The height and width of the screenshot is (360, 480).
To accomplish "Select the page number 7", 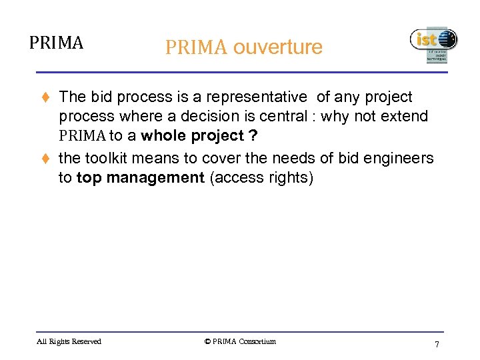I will coord(437,344).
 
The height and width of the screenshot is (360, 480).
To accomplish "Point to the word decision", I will coord(200,117).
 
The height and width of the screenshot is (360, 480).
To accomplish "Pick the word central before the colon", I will coord(279,117).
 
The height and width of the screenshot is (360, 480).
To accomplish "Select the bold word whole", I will coord(165,136).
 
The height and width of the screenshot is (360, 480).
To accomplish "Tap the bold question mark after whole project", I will coord(252,136).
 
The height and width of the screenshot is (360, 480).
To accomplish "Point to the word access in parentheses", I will coord(236,178).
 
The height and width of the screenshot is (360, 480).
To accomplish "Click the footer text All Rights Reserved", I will coord(69,341).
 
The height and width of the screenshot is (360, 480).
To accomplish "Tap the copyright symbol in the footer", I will coord(207,341).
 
